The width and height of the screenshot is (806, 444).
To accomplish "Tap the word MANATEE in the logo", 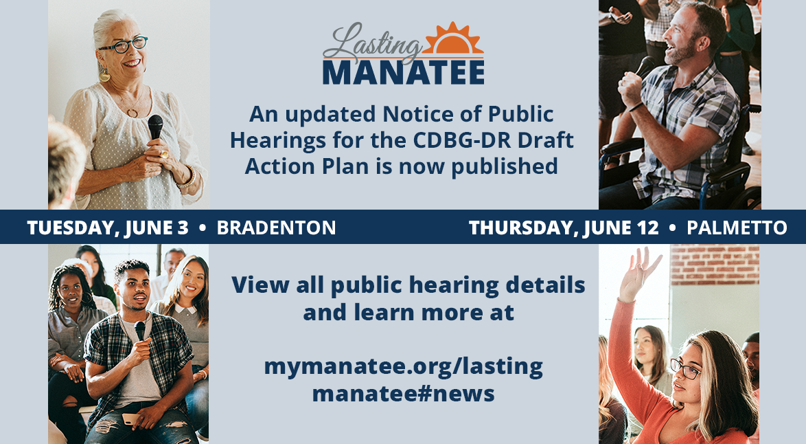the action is [404, 73].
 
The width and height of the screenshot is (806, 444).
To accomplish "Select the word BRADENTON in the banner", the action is [276, 227].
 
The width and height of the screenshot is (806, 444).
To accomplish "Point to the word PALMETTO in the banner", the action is [737, 227].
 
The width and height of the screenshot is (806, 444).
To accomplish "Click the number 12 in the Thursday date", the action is [649, 227].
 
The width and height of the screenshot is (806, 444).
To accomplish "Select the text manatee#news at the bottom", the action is [403, 394].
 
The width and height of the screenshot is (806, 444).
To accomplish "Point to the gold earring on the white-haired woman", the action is [104, 75].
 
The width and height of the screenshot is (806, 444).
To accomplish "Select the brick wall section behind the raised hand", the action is [715, 265].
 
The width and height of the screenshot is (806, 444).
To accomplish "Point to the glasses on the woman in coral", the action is [685, 368].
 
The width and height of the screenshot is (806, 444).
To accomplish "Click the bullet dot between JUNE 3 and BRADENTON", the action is [203, 227].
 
